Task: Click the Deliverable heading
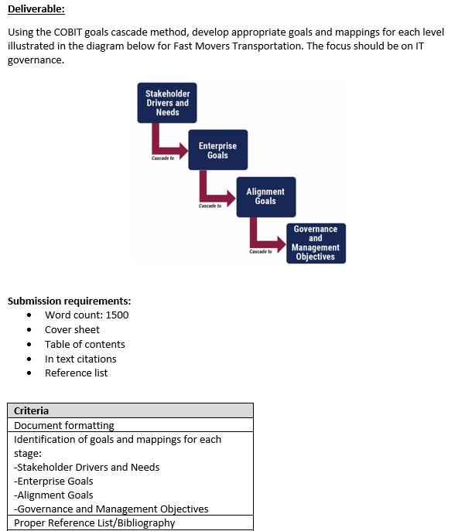pos(36,9)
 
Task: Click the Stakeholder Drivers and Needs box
pos(167,103)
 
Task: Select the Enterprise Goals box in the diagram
pos(217,150)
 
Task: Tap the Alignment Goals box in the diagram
pos(265,196)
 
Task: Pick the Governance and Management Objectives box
pos(315,243)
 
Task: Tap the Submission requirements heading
pos(69,301)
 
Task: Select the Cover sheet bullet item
pos(72,329)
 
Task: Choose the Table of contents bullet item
pos(84,344)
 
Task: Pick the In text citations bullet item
pos(80,359)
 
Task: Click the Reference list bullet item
pos(76,373)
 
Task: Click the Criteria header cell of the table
pos(31,411)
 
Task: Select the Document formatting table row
pos(63,425)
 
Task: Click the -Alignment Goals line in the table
pos(53,495)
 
